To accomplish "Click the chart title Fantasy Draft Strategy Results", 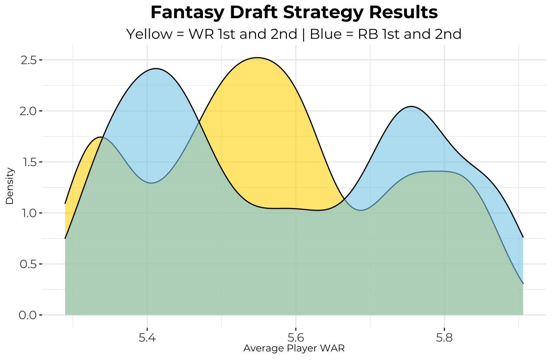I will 294,13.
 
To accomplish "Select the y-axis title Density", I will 10,186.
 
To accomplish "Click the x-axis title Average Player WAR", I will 294,348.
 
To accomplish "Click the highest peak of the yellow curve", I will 257,58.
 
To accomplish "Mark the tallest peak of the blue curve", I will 155,68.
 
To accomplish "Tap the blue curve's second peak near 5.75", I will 411,107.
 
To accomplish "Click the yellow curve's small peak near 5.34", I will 101,137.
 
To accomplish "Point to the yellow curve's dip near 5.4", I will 152,183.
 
